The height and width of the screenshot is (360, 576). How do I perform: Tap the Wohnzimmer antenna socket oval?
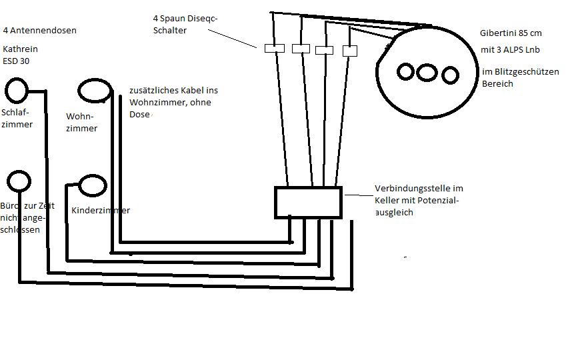pos(93,91)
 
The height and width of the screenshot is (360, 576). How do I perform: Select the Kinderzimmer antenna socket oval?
pos(91,185)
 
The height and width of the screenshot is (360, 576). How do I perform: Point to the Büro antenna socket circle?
pos(19,180)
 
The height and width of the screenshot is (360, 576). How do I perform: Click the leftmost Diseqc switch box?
pos(274,49)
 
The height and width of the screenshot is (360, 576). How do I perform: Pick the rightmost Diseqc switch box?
pos(350,51)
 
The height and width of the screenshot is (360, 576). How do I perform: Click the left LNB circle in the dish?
pos(406,71)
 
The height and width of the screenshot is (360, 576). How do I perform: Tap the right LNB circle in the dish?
pos(450,73)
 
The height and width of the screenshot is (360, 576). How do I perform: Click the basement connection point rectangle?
pos(308,202)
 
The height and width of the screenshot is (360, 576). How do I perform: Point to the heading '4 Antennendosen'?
pos(39,31)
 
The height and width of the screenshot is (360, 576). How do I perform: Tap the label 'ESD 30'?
pos(17,61)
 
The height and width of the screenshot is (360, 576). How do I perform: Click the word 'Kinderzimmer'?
pos(101,211)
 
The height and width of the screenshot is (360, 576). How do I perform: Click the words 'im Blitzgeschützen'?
pos(521,72)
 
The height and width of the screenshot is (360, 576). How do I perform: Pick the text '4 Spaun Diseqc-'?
pos(185,19)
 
